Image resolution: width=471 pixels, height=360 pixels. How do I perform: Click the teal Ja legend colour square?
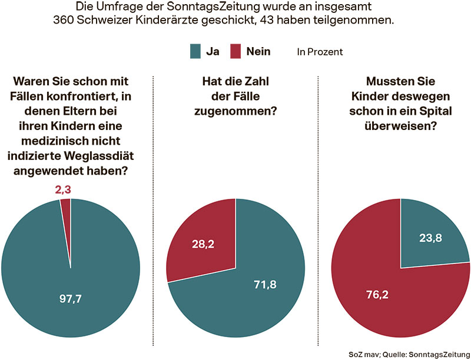195,52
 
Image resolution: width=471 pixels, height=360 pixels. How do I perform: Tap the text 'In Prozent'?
320,52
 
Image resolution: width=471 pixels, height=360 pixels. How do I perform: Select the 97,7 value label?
70,299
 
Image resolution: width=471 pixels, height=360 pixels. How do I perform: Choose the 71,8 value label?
264,285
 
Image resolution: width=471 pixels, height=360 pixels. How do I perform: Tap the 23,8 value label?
431,240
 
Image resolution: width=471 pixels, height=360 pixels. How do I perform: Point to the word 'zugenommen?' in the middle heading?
235,111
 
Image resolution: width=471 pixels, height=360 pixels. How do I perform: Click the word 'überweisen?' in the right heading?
401,125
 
